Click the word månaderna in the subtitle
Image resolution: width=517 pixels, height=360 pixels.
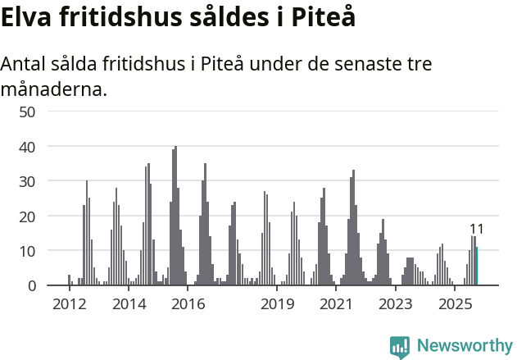pyautogui.click(x=53, y=88)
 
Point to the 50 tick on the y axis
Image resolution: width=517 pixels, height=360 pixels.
pyautogui.click(x=26, y=112)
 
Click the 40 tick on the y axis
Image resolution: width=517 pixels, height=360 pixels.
pyautogui.click(x=26, y=146)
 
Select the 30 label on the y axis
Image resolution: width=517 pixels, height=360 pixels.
pyautogui.click(x=26, y=181)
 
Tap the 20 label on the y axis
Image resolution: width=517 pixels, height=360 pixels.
pyautogui.click(x=26, y=216)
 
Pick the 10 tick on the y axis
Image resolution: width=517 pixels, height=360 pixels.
pyautogui.click(x=26, y=251)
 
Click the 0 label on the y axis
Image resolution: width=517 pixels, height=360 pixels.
pyautogui.click(x=31, y=285)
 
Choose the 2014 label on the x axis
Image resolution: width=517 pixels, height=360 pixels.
pyautogui.click(x=128, y=304)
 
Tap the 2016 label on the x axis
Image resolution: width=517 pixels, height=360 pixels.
pyautogui.click(x=188, y=304)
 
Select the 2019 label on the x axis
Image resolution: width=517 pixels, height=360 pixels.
pyautogui.click(x=277, y=304)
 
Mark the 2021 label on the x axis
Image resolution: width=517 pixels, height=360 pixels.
pyautogui.click(x=335, y=304)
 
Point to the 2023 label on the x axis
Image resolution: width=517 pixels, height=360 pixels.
pyautogui.click(x=395, y=304)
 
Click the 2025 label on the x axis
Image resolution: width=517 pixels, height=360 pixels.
pyautogui.click(x=455, y=304)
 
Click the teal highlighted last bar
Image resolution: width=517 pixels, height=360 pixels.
pyautogui.click(x=477, y=267)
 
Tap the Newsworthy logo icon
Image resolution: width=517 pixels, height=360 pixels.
pyautogui.click(x=400, y=347)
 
